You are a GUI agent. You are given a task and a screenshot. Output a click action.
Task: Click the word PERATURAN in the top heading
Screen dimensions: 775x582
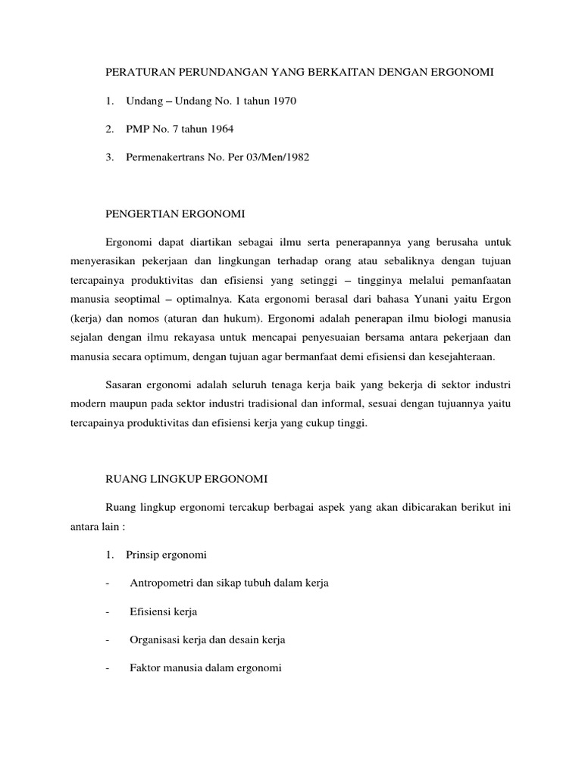(x=138, y=72)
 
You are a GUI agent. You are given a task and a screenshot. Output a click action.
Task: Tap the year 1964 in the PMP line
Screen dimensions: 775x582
(x=220, y=129)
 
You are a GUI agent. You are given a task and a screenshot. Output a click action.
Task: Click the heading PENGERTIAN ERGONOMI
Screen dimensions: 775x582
(x=174, y=214)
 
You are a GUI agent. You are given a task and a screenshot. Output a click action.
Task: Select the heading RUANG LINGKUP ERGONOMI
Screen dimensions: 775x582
(x=186, y=479)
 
